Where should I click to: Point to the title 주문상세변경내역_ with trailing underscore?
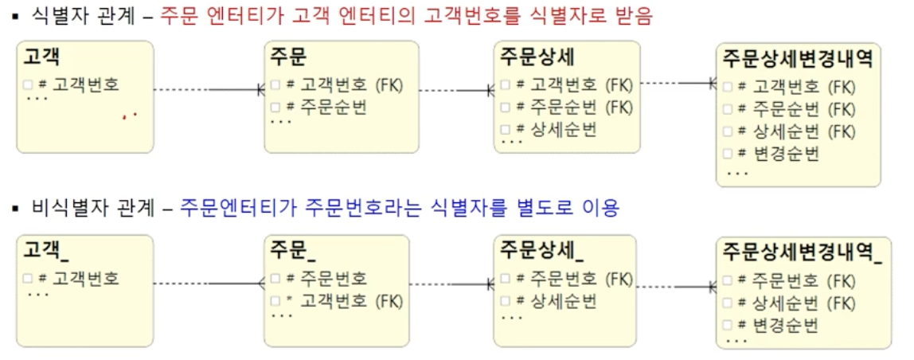[803, 251]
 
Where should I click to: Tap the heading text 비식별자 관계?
[92, 209]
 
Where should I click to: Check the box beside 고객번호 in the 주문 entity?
[275, 85]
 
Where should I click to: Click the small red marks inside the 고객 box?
[130, 115]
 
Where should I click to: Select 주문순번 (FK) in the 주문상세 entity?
[573, 107]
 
